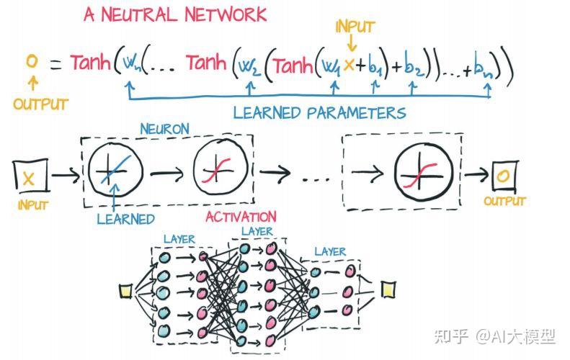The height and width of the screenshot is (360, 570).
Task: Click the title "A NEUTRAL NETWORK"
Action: click(x=174, y=14)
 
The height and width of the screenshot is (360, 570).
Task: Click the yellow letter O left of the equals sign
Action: click(x=31, y=62)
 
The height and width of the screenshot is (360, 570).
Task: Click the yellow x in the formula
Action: click(x=349, y=65)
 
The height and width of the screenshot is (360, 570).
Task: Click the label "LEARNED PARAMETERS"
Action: click(x=319, y=113)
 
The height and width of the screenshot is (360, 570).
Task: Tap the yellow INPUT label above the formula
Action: click(x=355, y=27)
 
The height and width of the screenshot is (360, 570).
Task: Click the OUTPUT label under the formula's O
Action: click(x=40, y=104)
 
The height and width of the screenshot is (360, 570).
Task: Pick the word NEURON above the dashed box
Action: click(x=164, y=130)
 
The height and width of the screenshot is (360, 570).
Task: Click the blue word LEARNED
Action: click(x=125, y=218)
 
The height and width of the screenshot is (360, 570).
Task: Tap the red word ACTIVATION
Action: click(x=240, y=216)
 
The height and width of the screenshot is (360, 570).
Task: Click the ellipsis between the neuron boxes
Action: click(x=314, y=177)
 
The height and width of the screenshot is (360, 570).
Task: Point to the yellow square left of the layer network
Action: click(x=125, y=291)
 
